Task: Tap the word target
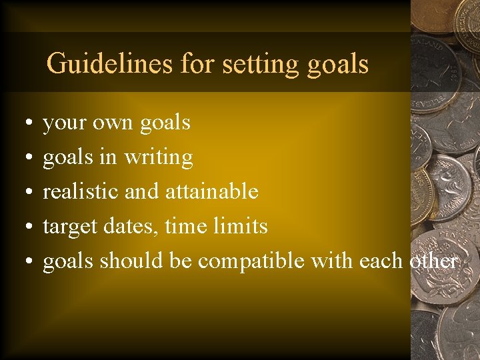pos(70,227)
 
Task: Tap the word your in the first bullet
pos(63,123)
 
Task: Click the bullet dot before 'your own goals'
pos(23,124)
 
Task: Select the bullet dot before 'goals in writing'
pos(23,159)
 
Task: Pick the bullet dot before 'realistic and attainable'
pos(23,193)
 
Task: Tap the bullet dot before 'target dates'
pos(23,228)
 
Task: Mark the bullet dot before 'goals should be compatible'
pos(23,263)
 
